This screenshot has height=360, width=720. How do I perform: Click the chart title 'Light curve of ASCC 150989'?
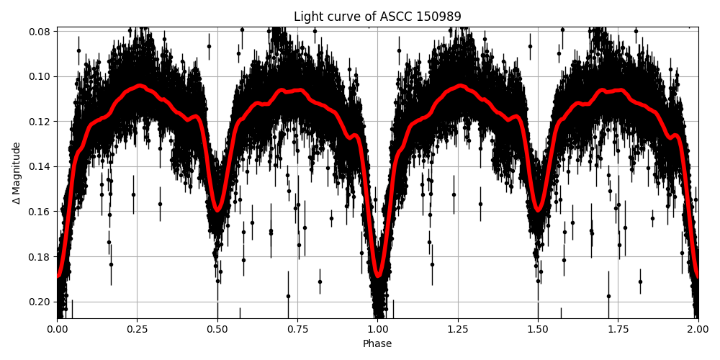coord(377,17)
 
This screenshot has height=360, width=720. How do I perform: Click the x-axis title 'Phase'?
coord(377,343)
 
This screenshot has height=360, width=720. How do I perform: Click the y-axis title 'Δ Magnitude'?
coord(17,173)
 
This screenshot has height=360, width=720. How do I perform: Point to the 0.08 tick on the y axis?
coord(40,32)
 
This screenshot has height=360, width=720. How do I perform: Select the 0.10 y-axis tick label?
coord(40,76)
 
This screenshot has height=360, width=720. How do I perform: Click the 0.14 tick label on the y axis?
coord(40,166)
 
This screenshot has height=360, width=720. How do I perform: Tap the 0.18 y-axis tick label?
coord(40,256)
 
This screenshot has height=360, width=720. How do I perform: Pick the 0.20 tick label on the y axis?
coord(40,302)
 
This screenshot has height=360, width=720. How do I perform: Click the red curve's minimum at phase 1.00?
coord(378,275)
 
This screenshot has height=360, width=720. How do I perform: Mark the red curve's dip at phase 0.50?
coord(217,210)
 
